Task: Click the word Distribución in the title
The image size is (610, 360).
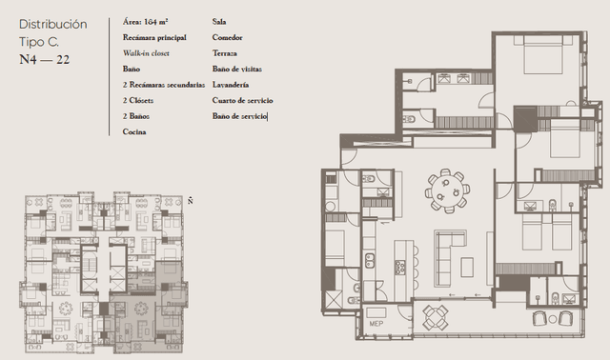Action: point(53,23)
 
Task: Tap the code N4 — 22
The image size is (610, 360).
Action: point(44,60)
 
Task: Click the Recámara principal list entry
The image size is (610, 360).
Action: point(161,36)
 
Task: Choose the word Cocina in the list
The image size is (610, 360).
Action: point(137,131)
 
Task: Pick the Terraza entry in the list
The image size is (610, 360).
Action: point(227,52)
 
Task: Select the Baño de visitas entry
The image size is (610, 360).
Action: point(237,69)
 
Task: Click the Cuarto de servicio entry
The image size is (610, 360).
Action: point(243,100)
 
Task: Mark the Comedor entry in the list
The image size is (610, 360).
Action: point(229,36)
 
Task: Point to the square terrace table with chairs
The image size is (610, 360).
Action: point(437,317)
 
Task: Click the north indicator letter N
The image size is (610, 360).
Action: point(191,201)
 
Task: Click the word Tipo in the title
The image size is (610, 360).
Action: point(30,42)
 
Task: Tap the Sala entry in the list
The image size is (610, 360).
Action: point(221,20)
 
